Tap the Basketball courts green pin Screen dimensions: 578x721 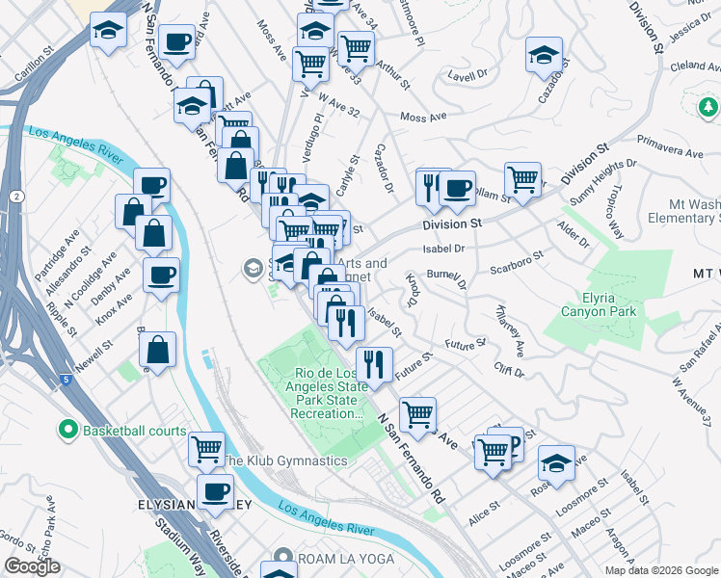67,430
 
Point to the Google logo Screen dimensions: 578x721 32,566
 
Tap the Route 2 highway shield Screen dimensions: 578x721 18,196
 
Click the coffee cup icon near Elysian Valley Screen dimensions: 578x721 215,492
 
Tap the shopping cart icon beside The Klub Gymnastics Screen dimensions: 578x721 207,450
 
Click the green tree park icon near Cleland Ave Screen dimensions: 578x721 708,105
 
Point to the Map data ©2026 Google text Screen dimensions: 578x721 661,569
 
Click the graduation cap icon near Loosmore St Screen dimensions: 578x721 556,465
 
